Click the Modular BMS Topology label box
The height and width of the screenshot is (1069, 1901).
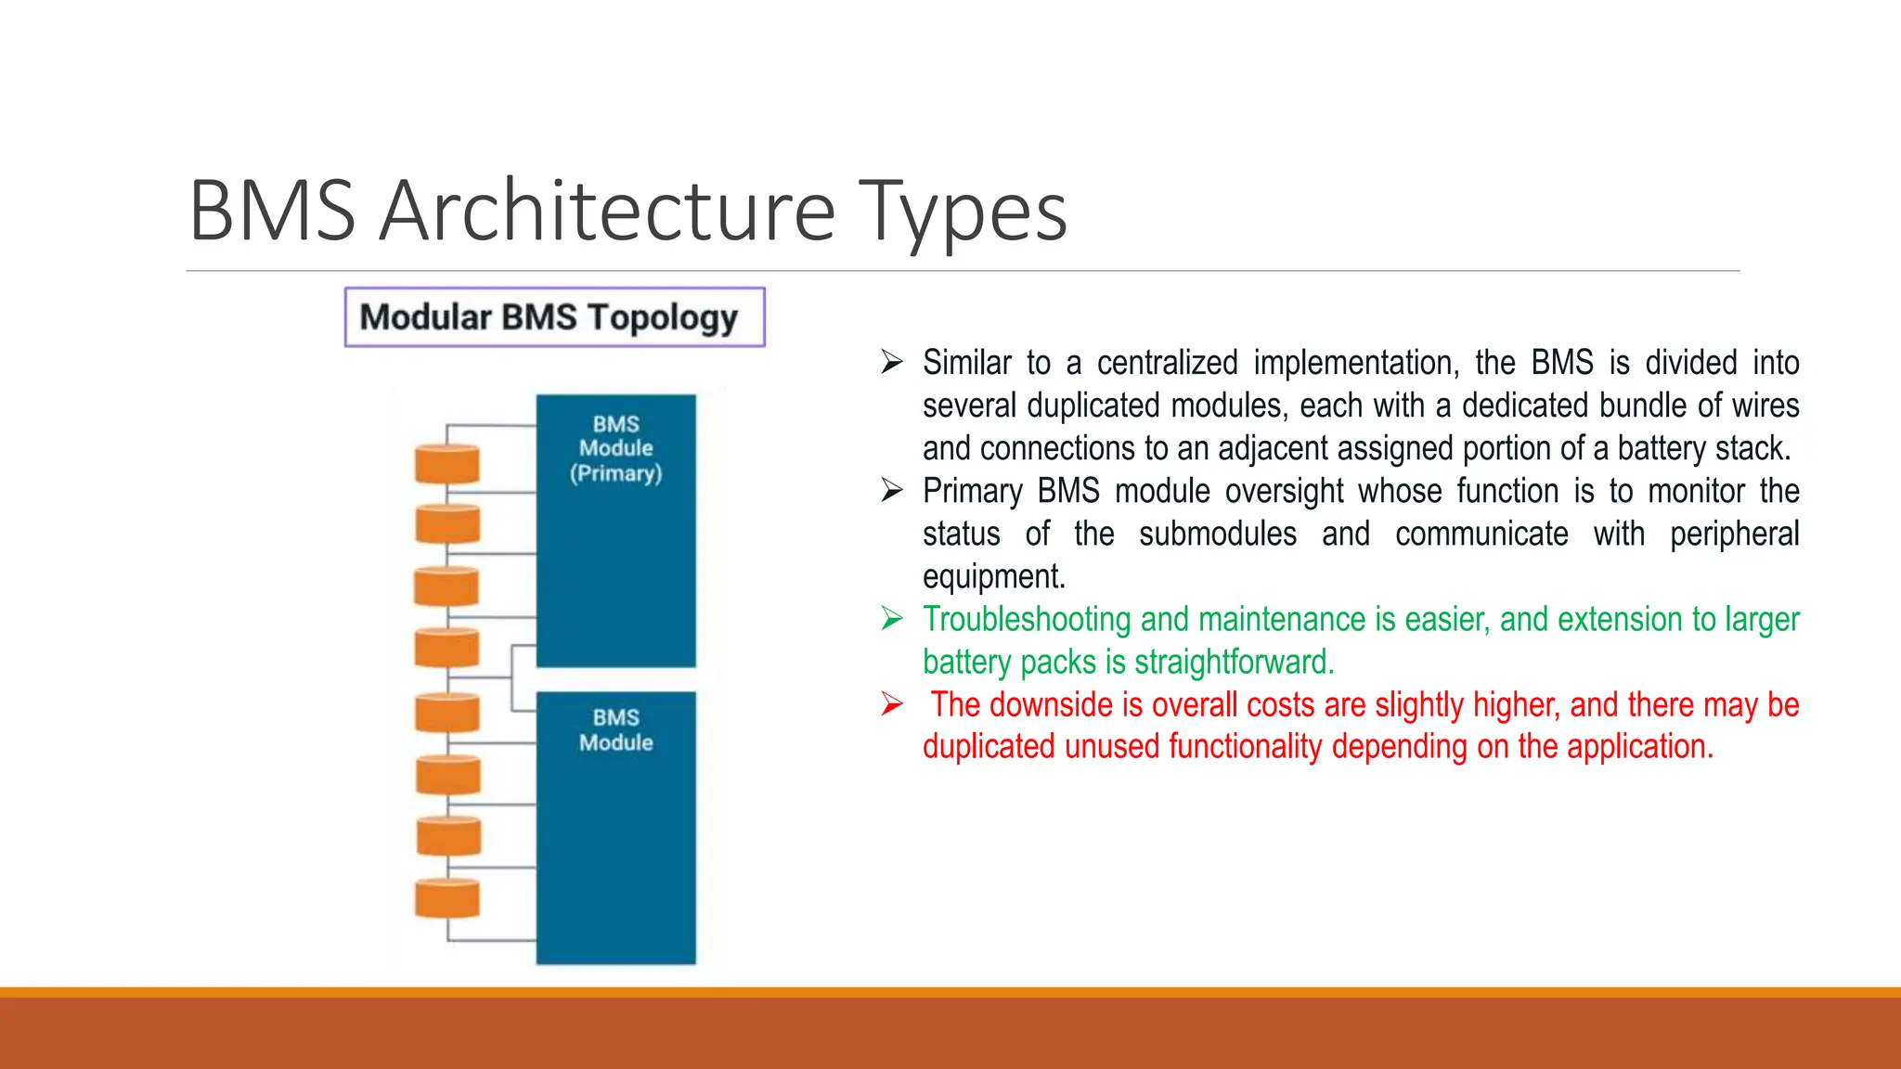tap(554, 317)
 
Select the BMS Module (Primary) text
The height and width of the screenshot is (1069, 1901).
tap(615, 448)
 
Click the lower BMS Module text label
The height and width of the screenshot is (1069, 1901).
tap(615, 729)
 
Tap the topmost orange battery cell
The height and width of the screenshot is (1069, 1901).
tap(447, 464)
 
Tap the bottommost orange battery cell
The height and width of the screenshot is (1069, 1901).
tap(447, 898)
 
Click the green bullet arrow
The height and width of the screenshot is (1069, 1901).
tap(892, 618)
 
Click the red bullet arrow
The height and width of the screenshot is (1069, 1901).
tap(892, 704)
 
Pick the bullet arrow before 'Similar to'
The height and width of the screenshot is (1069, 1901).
tap(892, 362)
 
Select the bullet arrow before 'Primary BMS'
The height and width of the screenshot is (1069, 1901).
tap(892, 490)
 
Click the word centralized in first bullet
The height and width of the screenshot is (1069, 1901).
tap(1167, 363)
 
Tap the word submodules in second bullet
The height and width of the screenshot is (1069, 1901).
tap(1217, 534)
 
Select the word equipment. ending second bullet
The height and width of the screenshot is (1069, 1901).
tap(993, 577)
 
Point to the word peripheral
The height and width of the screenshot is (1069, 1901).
tap(1733, 534)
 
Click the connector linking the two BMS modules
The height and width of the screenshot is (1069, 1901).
tap(513, 677)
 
